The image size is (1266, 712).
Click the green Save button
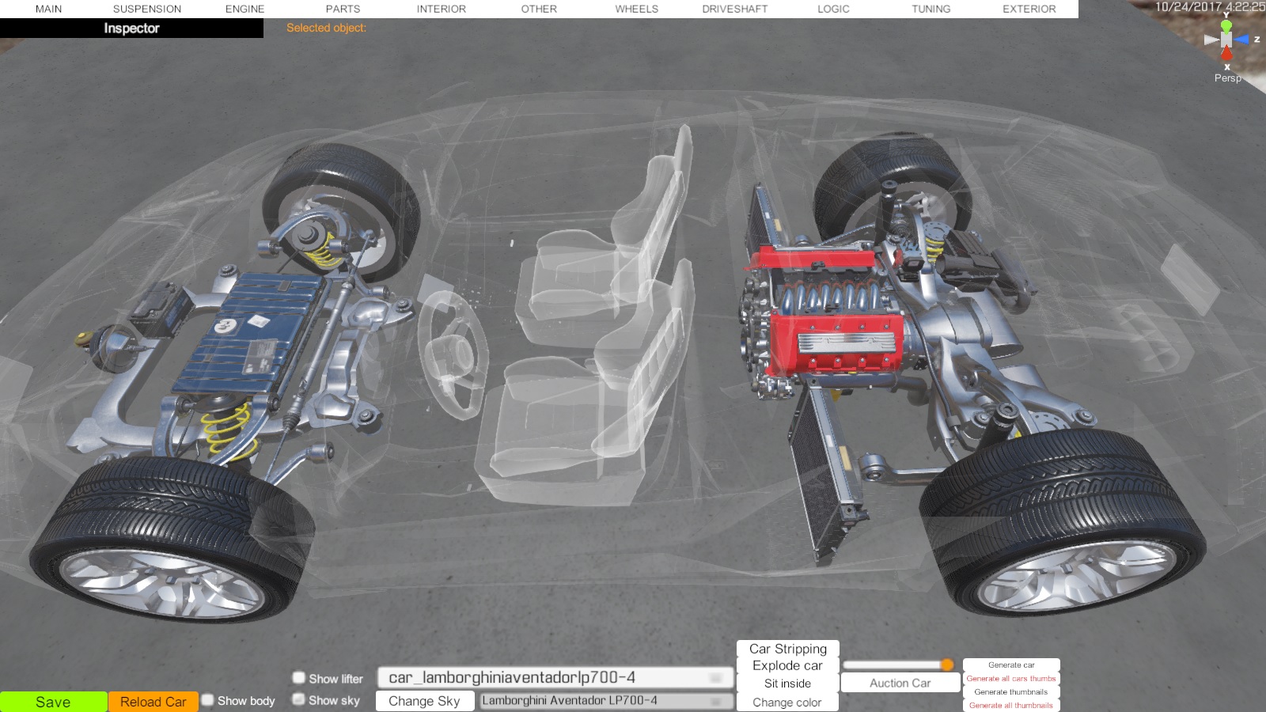click(53, 702)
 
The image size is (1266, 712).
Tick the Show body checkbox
click(208, 700)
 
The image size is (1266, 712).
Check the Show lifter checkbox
click(299, 677)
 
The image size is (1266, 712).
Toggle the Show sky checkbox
click(299, 699)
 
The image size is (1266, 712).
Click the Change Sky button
click(424, 701)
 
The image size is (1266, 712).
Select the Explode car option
click(787, 665)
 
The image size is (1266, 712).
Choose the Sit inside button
click(787, 684)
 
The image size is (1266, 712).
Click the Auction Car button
click(900, 684)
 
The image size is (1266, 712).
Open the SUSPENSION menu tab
click(147, 9)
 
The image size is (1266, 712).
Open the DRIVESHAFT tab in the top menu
click(735, 9)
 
